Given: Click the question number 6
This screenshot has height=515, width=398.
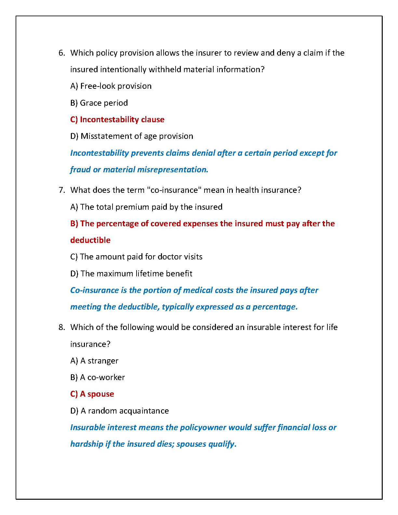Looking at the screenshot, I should pyautogui.click(x=61, y=53).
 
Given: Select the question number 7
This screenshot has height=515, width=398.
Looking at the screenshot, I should pyautogui.click(x=61, y=190).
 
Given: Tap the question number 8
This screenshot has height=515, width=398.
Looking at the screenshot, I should pyautogui.click(x=61, y=327).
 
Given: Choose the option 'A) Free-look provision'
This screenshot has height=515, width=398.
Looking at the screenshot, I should pyautogui.click(x=111, y=86).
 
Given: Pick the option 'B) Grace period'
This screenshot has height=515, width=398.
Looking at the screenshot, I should pyautogui.click(x=99, y=103).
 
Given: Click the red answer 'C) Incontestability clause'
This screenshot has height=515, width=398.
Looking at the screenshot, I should pyautogui.click(x=117, y=120).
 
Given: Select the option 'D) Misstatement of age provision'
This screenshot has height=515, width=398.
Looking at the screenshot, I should pyautogui.click(x=132, y=136).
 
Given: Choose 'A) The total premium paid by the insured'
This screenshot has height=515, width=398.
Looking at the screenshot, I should pyautogui.click(x=146, y=207).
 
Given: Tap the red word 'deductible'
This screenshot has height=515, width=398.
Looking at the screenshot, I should pyautogui.click(x=90, y=240).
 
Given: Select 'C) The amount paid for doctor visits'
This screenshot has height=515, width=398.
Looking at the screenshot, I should pyautogui.click(x=136, y=257).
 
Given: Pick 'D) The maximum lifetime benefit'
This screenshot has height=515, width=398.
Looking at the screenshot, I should pyautogui.click(x=131, y=274).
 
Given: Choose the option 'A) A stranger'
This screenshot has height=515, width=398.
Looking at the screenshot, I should pyautogui.click(x=94, y=361).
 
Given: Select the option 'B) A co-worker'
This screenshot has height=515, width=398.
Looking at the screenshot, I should pyautogui.click(x=98, y=377).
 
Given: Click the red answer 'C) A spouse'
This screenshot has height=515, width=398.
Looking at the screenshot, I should pyautogui.click(x=92, y=394).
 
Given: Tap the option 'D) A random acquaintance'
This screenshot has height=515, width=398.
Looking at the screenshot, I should pyautogui.click(x=120, y=411).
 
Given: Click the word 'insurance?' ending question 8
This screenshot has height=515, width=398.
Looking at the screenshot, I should pyautogui.click(x=90, y=344).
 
